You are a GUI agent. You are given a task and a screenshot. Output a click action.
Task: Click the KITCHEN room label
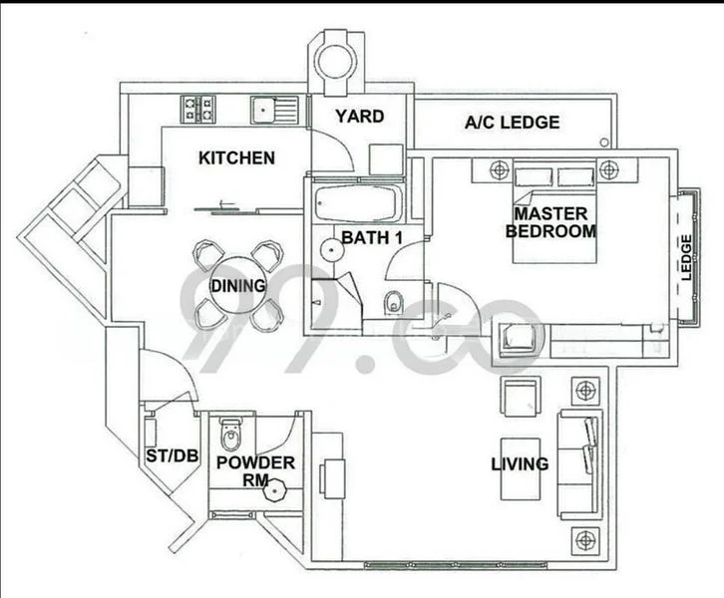[236, 157]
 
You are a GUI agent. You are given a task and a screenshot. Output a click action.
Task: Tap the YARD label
[358, 117]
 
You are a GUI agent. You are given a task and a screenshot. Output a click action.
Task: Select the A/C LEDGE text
[513, 124]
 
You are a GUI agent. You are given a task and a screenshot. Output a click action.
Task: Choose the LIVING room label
[520, 463]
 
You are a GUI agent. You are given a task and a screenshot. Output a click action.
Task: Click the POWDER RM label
[255, 471]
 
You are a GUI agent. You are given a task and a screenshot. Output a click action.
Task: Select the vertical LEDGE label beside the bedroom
[685, 258]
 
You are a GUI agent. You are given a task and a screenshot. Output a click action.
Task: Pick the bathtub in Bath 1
[358, 205]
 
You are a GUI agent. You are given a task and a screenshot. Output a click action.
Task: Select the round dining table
[237, 286]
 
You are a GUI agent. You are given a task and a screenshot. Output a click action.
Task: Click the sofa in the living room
[579, 463]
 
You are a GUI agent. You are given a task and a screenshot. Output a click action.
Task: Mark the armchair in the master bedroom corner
[520, 340]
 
